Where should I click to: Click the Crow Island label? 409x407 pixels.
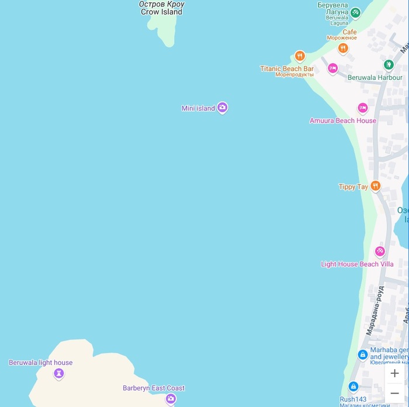(161, 12)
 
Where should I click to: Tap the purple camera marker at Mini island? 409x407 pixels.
(222, 107)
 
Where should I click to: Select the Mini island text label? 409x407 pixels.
(198, 108)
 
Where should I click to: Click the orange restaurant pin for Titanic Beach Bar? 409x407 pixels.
(300, 56)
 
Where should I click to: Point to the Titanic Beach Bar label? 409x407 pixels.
(286, 69)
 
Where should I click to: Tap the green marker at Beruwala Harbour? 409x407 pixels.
(389, 64)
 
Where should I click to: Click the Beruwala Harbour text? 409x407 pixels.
(375, 78)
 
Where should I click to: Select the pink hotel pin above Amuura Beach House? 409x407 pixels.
(362, 108)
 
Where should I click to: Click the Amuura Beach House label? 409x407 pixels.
(342, 121)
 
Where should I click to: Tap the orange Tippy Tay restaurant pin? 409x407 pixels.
(375, 186)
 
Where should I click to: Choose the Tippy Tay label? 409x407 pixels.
(353, 187)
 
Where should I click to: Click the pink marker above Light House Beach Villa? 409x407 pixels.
(380, 251)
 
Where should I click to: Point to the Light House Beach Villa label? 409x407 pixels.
(357, 264)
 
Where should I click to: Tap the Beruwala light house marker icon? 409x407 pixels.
(58, 374)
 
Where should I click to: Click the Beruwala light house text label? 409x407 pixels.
(40, 363)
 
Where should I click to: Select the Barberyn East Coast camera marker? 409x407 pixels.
(171, 399)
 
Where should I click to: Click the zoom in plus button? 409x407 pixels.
(395, 373)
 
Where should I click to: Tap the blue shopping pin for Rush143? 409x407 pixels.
(353, 386)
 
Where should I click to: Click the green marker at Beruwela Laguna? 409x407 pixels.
(355, 12)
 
